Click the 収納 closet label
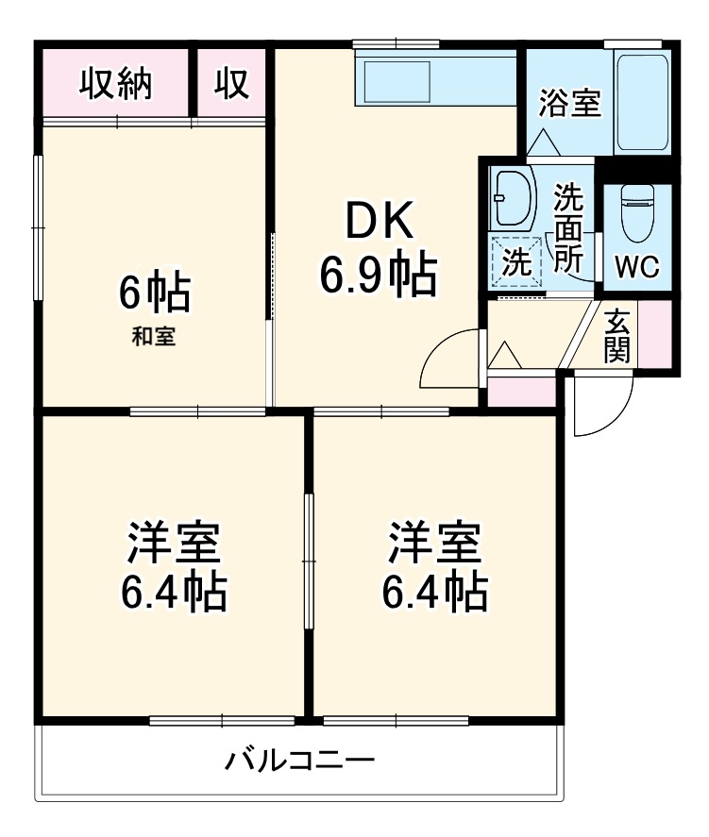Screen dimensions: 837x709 [x=116, y=85]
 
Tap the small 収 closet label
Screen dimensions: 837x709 [x=230, y=85]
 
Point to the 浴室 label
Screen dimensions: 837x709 [x=569, y=103]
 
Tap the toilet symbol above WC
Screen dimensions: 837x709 [x=637, y=209]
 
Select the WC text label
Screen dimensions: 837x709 [x=637, y=267]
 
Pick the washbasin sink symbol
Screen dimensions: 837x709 [x=512, y=198]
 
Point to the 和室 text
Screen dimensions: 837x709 [x=153, y=337]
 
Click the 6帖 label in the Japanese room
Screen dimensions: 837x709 [x=154, y=293]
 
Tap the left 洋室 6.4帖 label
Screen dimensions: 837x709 [x=173, y=567]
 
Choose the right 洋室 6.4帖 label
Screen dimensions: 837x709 [x=435, y=567]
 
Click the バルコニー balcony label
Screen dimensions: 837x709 [x=299, y=760]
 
